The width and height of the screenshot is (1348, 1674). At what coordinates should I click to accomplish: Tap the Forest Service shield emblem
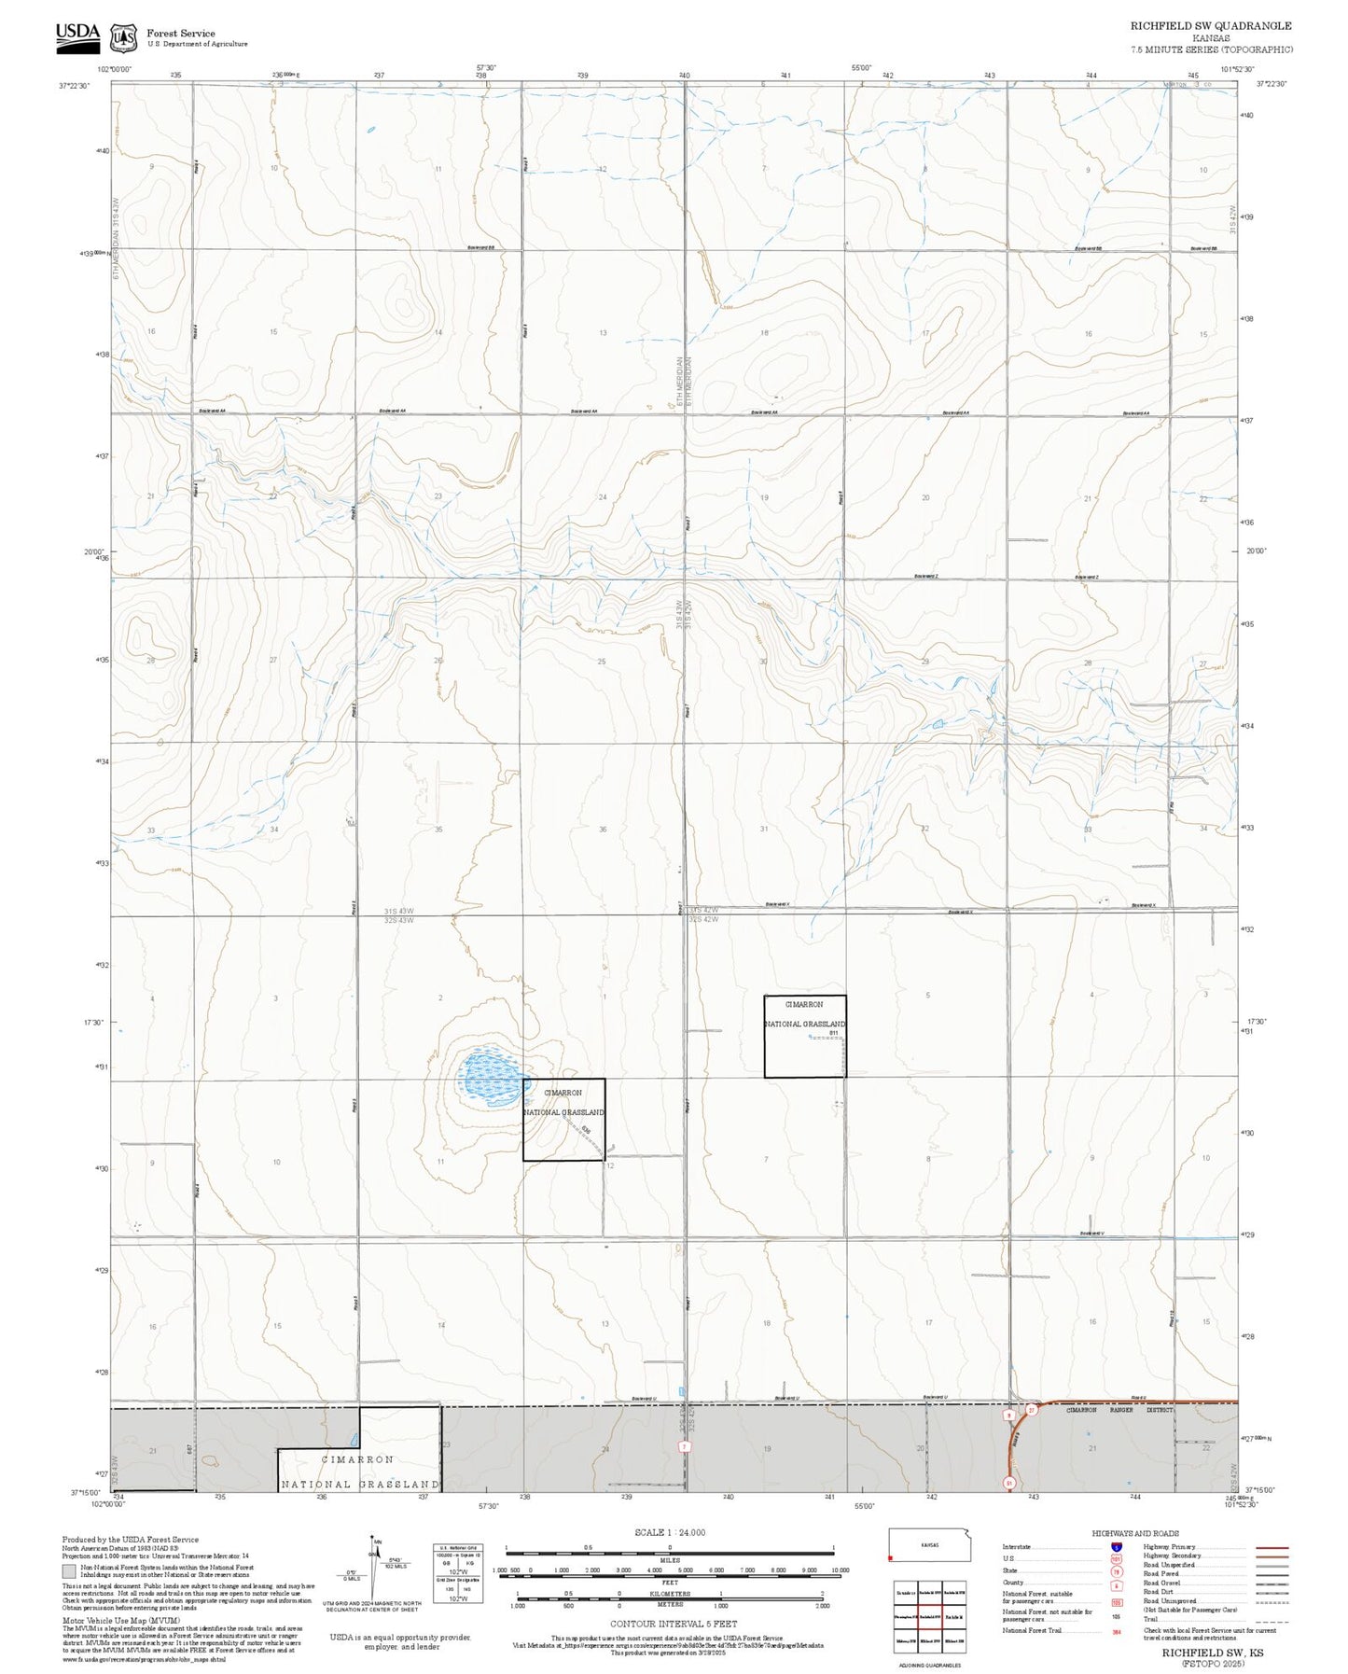[123, 37]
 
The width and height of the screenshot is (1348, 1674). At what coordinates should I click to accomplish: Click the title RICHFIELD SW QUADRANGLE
[1211, 26]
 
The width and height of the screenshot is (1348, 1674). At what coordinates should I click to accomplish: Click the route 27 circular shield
[1031, 1409]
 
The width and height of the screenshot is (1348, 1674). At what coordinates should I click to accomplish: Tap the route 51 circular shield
[1008, 1482]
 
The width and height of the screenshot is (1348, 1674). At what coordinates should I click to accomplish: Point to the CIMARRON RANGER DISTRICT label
[1119, 1410]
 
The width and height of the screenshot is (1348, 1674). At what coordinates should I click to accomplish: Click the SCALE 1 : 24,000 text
[670, 1531]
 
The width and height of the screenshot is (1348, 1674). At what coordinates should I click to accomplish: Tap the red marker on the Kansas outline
[893, 1557]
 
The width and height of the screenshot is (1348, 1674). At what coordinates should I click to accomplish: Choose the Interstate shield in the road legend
[1117, 1546]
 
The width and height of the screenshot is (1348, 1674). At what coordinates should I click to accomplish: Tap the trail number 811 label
[835, 1034]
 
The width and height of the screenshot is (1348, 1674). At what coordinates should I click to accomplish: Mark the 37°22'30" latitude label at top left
[74, 85]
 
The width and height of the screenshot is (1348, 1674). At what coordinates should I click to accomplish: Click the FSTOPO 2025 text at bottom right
[1212, 1663]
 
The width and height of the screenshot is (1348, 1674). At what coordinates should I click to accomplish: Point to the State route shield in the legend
[1117, 1570]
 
